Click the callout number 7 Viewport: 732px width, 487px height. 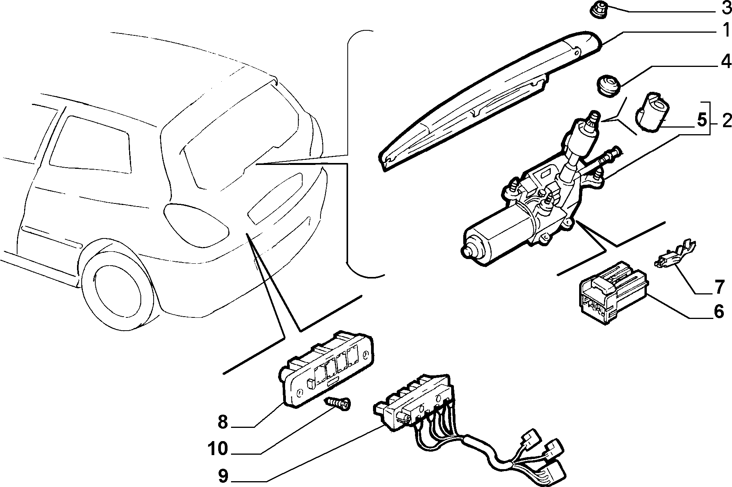[719, 287]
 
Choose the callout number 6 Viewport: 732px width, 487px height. [718, 311]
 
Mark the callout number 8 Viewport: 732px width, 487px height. [222, 422]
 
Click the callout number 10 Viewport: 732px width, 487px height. [217, 449]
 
